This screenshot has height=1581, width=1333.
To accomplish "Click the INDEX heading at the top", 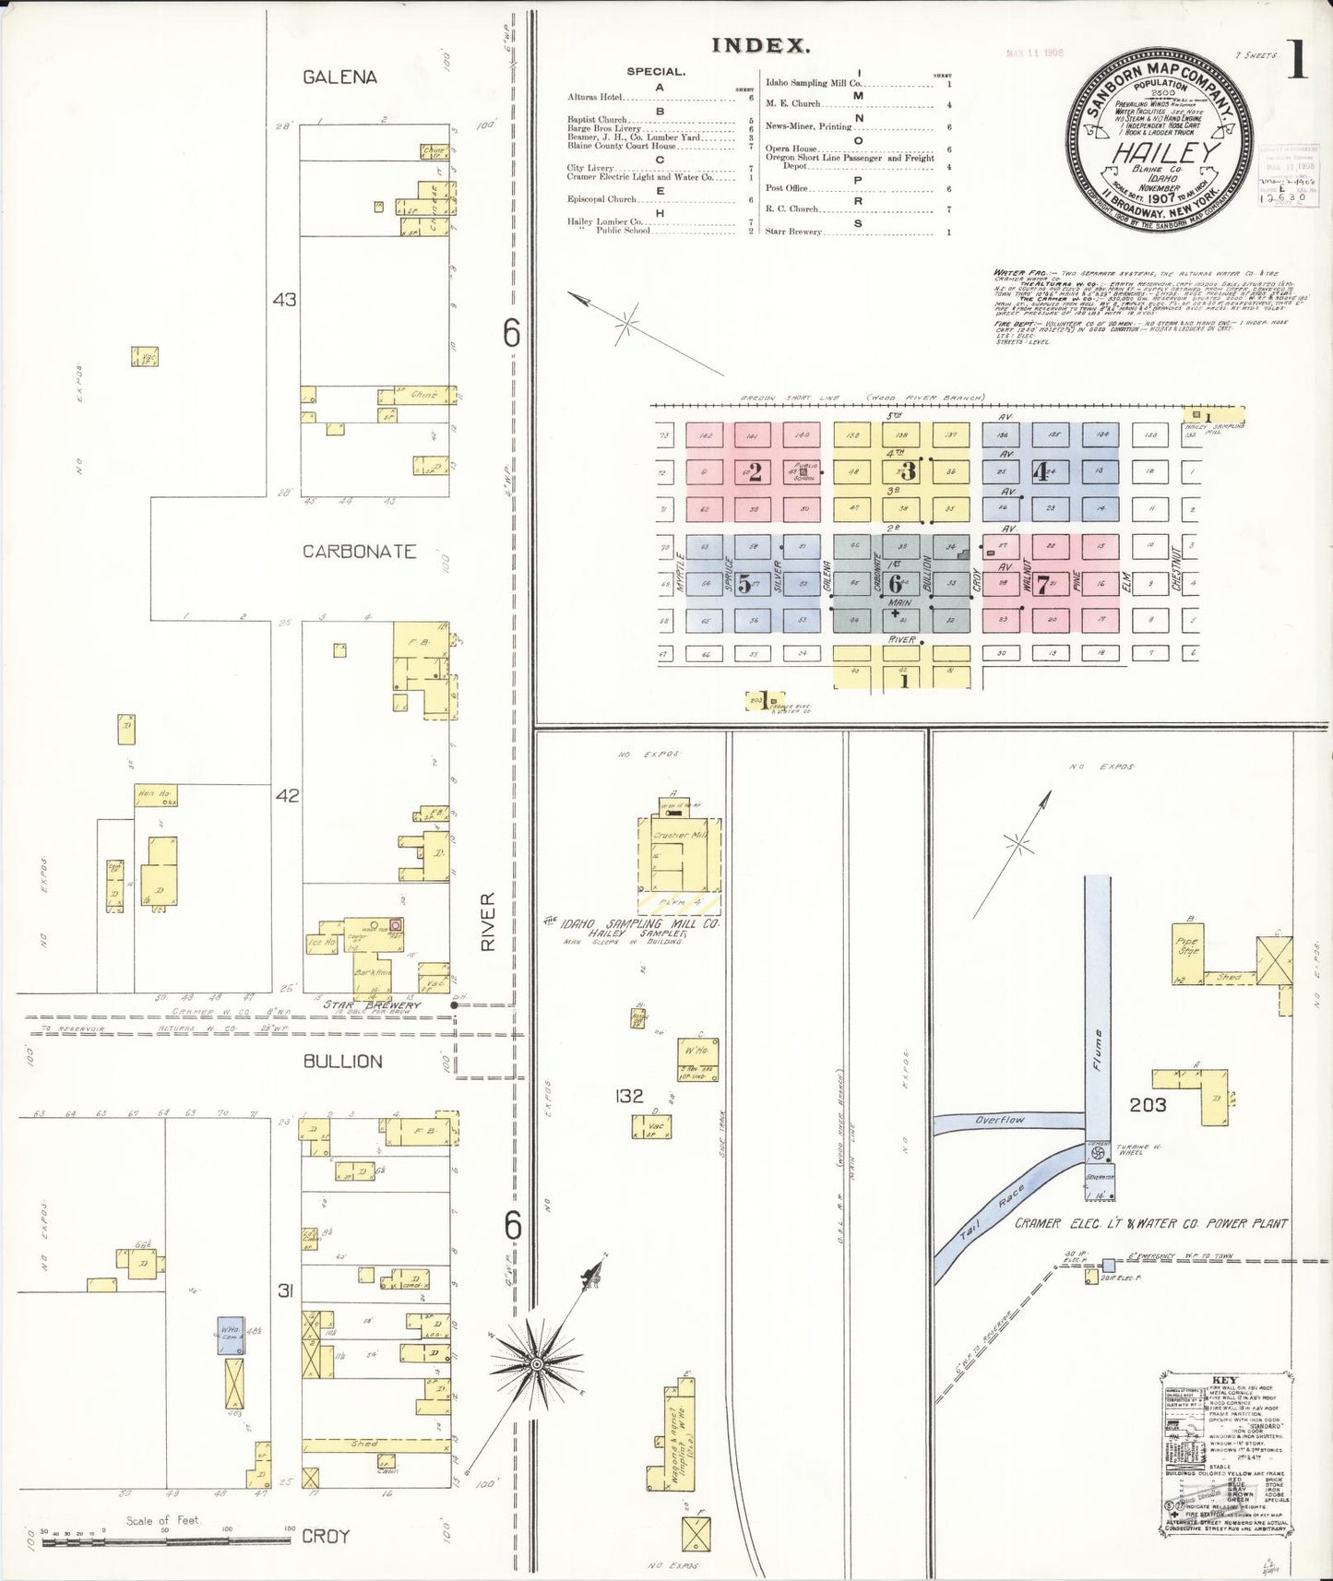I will (x=761, y=45).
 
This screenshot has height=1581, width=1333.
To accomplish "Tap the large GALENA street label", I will (x=339, y=77).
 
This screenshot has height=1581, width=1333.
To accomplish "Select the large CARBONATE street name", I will (x=359, y=552).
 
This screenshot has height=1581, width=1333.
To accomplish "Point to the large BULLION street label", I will (x=342, y=1062).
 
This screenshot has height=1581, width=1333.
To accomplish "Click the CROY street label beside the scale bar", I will (x=326, y=1536).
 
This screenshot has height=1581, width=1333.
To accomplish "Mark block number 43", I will (x=284, y=300).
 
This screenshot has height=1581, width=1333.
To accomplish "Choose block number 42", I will (x=287, y=795).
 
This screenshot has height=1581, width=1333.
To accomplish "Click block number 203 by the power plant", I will (x=1148, y=1104).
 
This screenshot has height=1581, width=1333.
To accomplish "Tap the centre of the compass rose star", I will (x=536, y=1363).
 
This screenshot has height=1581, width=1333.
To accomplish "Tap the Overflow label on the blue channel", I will (x=1000, y=1120).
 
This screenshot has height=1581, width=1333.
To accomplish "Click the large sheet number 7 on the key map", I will (x=1042, y=584).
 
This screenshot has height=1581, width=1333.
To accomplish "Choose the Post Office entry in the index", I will (x=786, y=188).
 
